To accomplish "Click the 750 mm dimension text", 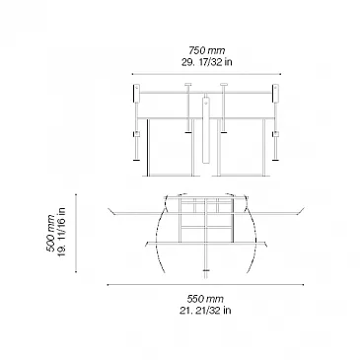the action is [x=207, y=50].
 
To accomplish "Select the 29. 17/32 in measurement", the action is [x=207, y=62].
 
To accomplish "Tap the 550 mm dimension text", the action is [x=205, y=299].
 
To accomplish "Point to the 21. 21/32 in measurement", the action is [x=205, y=311].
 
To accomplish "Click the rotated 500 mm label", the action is [x=50, y=233].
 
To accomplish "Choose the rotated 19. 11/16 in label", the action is [x=61, y=233].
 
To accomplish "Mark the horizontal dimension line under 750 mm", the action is [x=206, y=74].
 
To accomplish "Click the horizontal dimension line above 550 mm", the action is [x=205, y=285].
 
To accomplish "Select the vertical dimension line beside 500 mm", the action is [x=76, y=233].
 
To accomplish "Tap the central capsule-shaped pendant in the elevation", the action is [x=206, y=130].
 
